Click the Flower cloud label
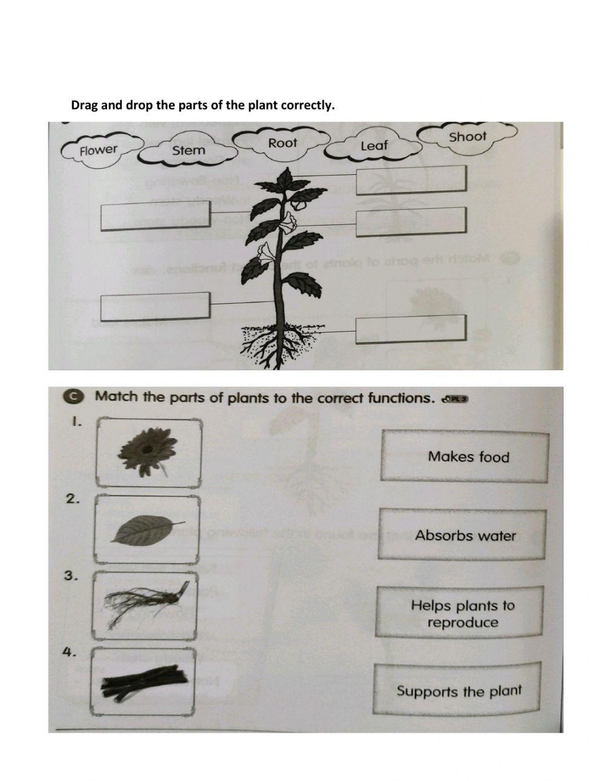tap(99, 149)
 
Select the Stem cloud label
tap(188, 150)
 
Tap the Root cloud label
tap(283, 143)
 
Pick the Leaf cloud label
tap(373, 145)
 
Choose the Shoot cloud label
tap(468, 137)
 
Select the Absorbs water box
tap(465, 535)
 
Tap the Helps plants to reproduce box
tap(463, 613)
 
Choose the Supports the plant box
tap(458, 691)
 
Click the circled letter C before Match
tap(73, 396)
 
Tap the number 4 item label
tap(70, 652)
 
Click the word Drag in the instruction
tap(83, 105)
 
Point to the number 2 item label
tap(73, 498)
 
